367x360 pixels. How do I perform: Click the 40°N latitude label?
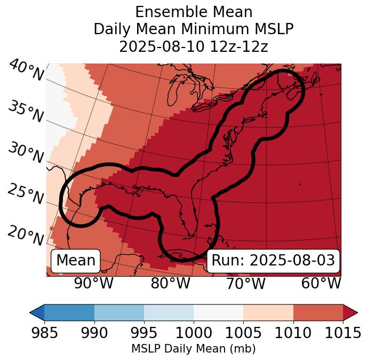click(x=26, y=71)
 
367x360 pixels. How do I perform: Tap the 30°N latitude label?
click(x=26, y=153)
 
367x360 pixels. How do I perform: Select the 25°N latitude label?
click(x=26, y=194)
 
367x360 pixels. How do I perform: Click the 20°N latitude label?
click(x=26, y=235)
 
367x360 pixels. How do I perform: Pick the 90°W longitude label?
click(x=93, y=283)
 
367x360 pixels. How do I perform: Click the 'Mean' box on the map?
click(x=76, y=261)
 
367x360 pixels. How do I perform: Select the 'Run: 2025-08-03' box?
click(x=273, y=261)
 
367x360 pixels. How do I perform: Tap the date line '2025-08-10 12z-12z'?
click(x=194, y=46)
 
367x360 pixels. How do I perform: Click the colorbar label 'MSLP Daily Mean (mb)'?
click(x=194, y=349)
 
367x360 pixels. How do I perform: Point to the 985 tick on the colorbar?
click(x=44, y=333)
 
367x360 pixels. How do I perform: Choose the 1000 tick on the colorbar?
click(x=194, y=333)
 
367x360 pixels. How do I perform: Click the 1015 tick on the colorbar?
click(x=343, y=333)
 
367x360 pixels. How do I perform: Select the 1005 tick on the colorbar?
click(x=243, y=333)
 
